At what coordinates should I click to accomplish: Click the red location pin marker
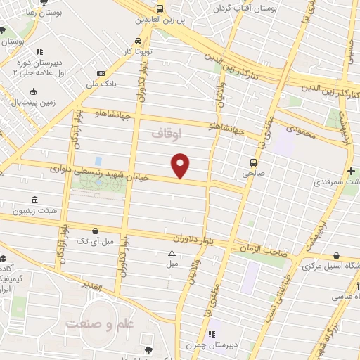tap(181, 166)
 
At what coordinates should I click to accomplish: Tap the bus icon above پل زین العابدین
tap(160, 9)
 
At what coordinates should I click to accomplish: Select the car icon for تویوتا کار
tap(139, 40)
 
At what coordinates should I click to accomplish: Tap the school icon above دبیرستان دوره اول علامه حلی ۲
tap(39, 51)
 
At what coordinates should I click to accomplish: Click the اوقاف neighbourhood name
tap(167, 131)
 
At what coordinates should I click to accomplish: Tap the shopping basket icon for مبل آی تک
tap(95, 230)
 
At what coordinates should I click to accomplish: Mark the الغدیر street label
tap(92, 287)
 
